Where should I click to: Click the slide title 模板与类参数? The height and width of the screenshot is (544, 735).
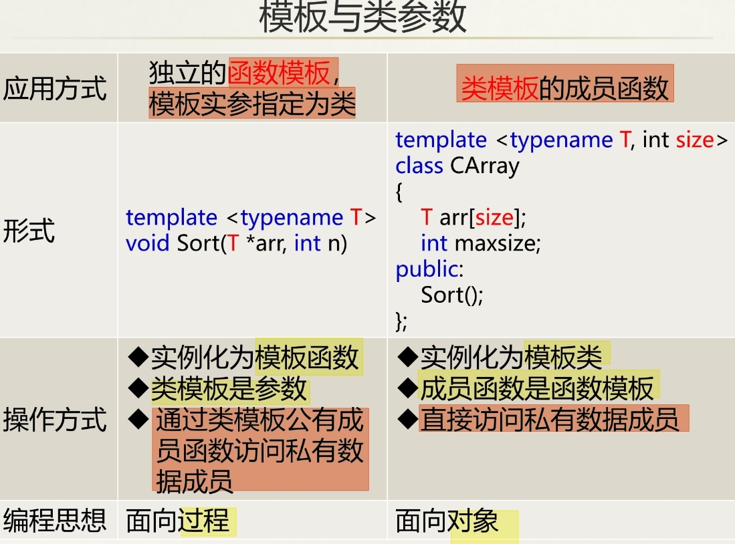pos(362,18)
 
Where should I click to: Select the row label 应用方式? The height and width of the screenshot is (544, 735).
pos(55,88)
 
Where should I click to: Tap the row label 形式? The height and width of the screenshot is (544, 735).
pos(29,231)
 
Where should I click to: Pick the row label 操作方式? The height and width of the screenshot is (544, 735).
pos(55,420)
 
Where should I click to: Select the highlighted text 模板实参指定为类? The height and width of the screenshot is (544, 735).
pos(252,104)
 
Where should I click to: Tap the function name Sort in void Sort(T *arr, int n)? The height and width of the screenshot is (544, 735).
pos(199,243)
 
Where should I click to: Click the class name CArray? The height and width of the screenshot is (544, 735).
pos(484,165)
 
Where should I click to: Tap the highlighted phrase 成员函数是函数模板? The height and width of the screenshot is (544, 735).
pos(536,388)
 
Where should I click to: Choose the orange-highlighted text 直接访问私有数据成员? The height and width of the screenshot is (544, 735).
pos(549,419)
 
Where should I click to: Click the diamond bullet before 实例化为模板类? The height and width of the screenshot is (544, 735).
pos(407,357)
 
